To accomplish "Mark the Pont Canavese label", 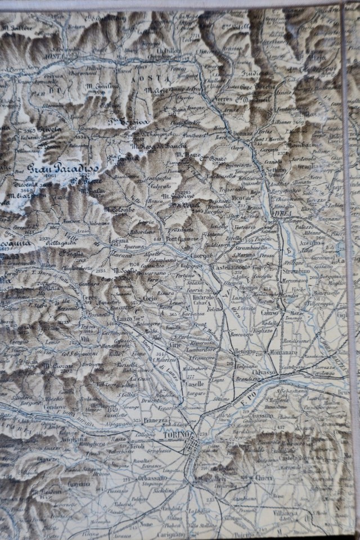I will pyautogui.click(x=179, y=239).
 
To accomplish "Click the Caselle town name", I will pyautogui.click(x=194, y=382).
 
